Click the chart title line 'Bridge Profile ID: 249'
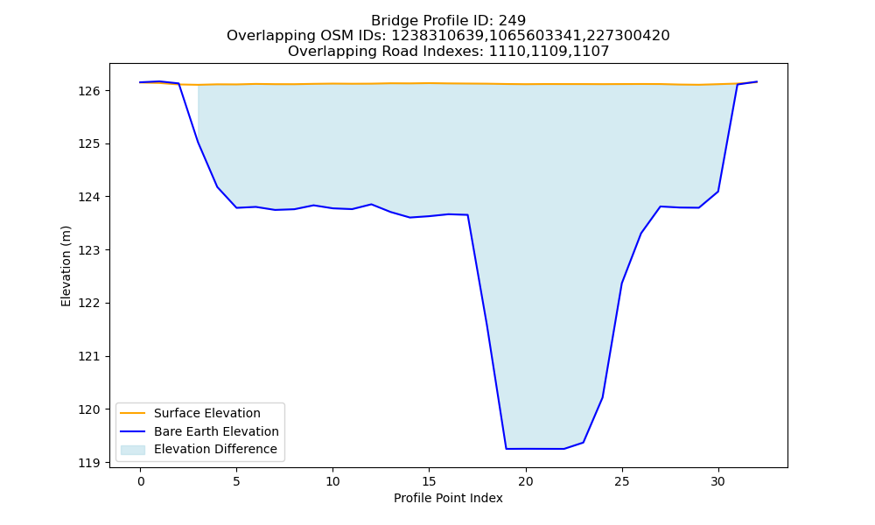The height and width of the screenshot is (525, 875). (x=448, y=21)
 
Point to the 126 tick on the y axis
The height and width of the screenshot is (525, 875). (x=90, y=90)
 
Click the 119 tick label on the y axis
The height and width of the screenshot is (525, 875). (x=90, y=463)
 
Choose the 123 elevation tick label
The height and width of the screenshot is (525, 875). (x=90, y=250)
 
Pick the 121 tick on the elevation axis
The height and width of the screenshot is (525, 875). (x=90, y=356)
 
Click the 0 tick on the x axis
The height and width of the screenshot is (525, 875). (x=141, y=481)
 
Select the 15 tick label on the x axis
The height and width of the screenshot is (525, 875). (x=429, y=481)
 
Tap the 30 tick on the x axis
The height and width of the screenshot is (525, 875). (x=718, y=481)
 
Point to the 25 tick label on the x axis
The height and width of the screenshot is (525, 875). (x=621, y=481)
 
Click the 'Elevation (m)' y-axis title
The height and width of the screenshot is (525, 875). (x=66, y=266)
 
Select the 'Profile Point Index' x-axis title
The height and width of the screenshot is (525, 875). (x=448, y=498)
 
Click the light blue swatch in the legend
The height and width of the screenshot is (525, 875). (x=133, y=450)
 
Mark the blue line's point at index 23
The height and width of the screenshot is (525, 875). (x=583, y=443)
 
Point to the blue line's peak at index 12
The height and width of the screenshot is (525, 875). (x=372, y=204)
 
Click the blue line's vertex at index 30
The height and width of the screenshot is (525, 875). (x=718, y=192)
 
